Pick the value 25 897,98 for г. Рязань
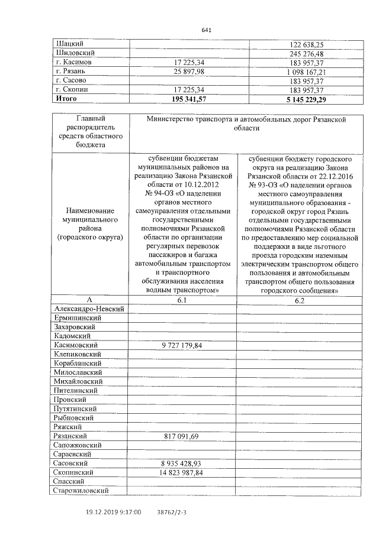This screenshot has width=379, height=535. [182, 71]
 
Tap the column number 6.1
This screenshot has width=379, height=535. [182, 300]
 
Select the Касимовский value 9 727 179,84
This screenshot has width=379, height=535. [182, 345]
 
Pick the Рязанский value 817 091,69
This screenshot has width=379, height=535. [182, 436]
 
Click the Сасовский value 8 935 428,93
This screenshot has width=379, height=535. [182, 463]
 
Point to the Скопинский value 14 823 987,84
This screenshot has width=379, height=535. [182, 472]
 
